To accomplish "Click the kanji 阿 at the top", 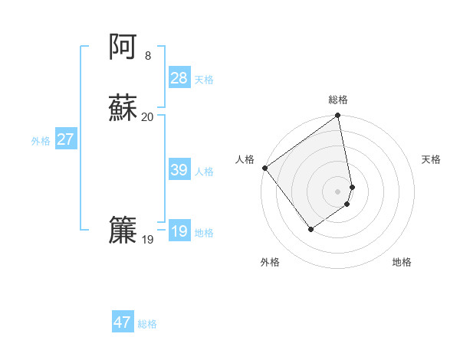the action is pos(123,47).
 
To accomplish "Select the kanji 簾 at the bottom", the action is pos(123,231).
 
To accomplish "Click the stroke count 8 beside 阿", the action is pos(147,56).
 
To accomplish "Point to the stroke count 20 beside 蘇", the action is pos(147,117).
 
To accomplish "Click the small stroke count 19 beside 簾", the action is pos(147,240).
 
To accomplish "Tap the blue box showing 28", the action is pos(179,78).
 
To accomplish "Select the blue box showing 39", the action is pos(179,170).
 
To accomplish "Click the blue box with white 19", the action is pos(179,231).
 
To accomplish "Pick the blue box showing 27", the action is pos(66,139).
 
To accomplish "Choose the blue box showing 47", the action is pos(123,322).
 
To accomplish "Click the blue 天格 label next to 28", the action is pos(204,80).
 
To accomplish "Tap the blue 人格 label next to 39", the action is pos(204,172).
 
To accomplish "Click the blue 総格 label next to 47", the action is pos(147,324).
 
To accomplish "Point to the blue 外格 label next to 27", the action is pos(41,141).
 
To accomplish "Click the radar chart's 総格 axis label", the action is pos(338,100).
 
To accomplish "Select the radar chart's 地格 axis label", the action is pos(402,262).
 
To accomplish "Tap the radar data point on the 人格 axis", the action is pos(264,168).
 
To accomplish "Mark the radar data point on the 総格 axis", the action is pos(337,116).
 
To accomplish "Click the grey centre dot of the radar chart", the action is pos(337,191).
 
